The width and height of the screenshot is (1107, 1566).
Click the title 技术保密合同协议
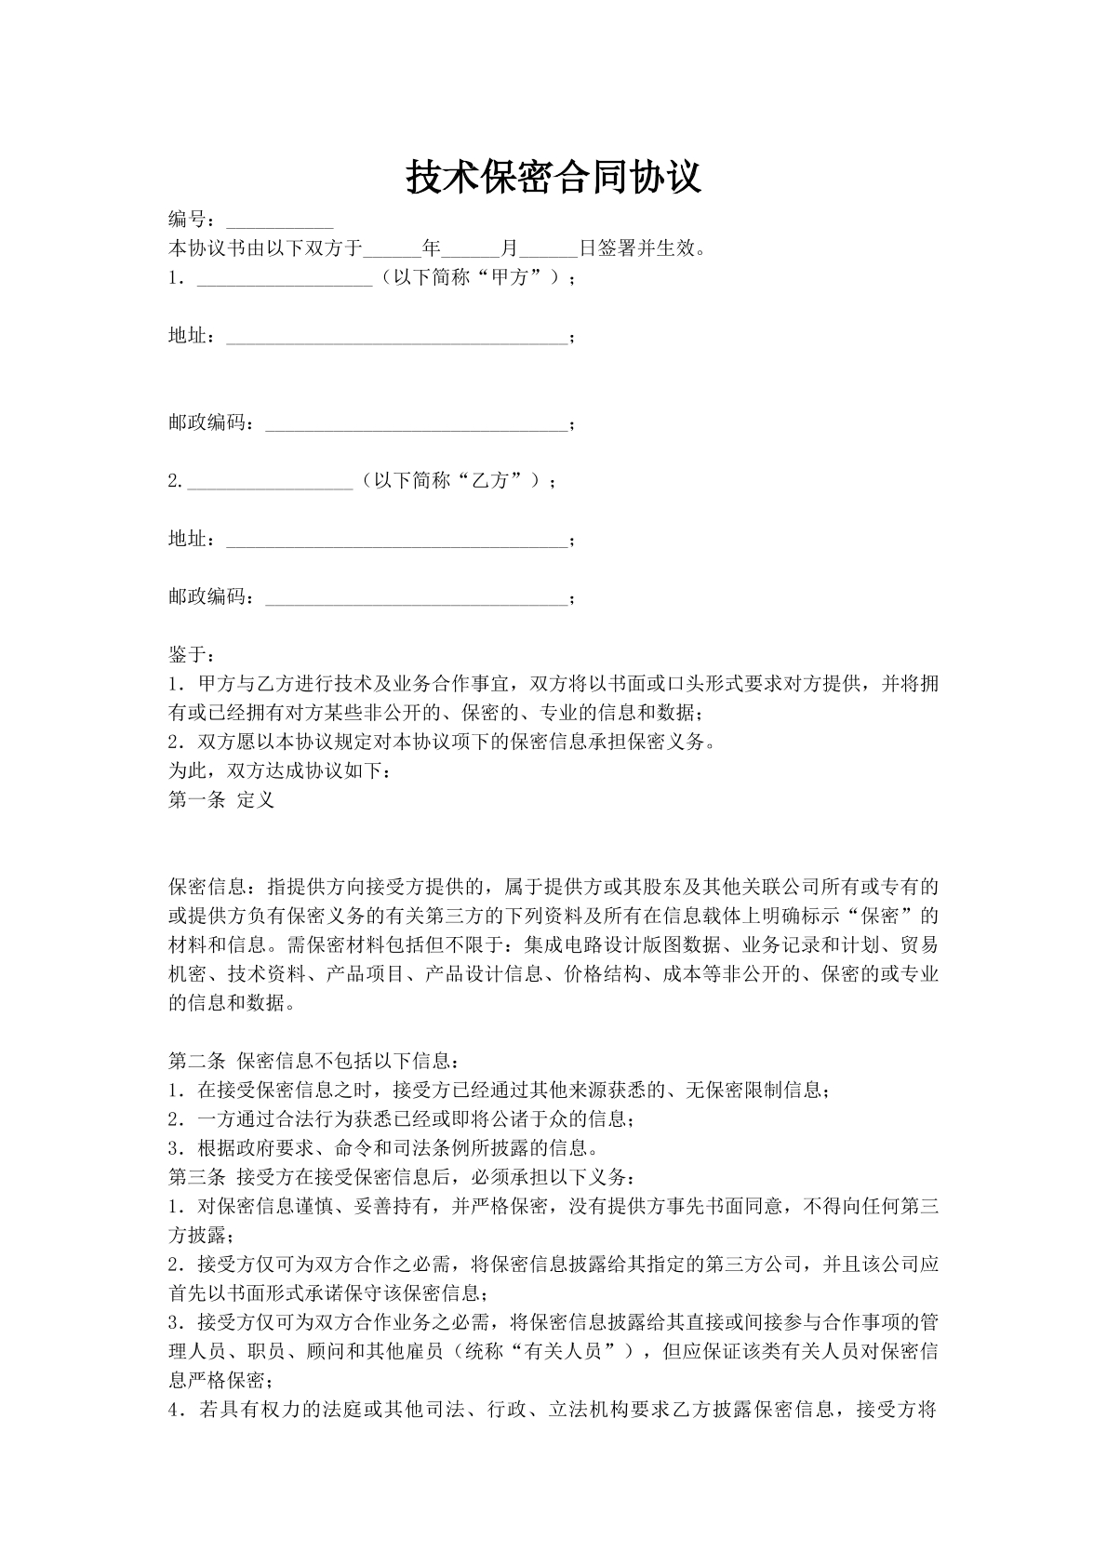pos(553,177)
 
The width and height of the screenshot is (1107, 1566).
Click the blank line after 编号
pos(279,223)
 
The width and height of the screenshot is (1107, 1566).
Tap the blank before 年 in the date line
pos(392,251)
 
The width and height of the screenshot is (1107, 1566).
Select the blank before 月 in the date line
pos(471,251)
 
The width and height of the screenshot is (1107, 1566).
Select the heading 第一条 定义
pos(221,799)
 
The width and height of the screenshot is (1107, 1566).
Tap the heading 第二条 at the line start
pos(196,1060)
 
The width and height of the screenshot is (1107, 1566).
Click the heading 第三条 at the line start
pos(196,1177)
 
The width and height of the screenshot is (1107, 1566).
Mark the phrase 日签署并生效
pos(642,249)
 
